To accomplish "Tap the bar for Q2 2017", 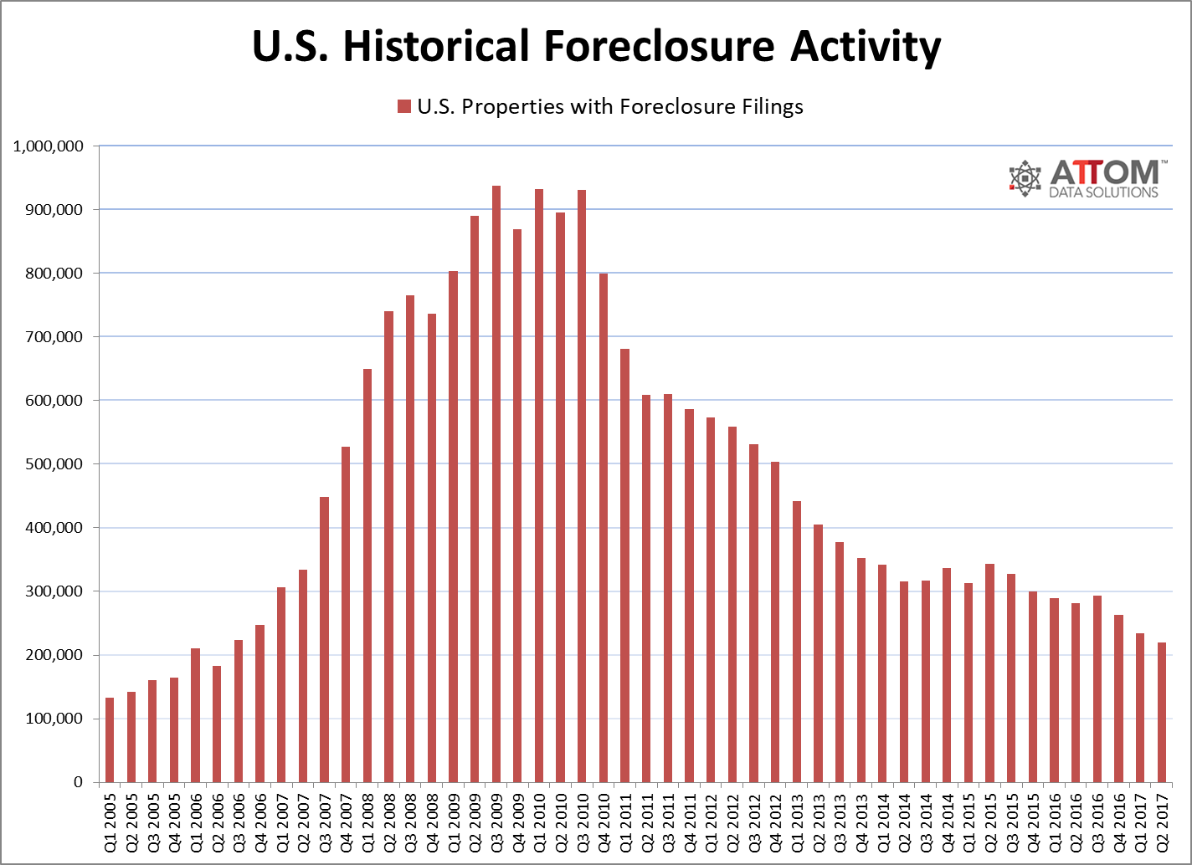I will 1163,712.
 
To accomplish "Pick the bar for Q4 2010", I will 604,528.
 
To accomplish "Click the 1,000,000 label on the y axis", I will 49,146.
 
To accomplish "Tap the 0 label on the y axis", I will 79,782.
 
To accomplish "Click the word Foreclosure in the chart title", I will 660,47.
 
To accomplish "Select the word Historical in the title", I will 436,47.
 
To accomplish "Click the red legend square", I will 404,106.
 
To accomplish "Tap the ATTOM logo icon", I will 1025,178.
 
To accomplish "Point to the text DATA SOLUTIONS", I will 1103,192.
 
